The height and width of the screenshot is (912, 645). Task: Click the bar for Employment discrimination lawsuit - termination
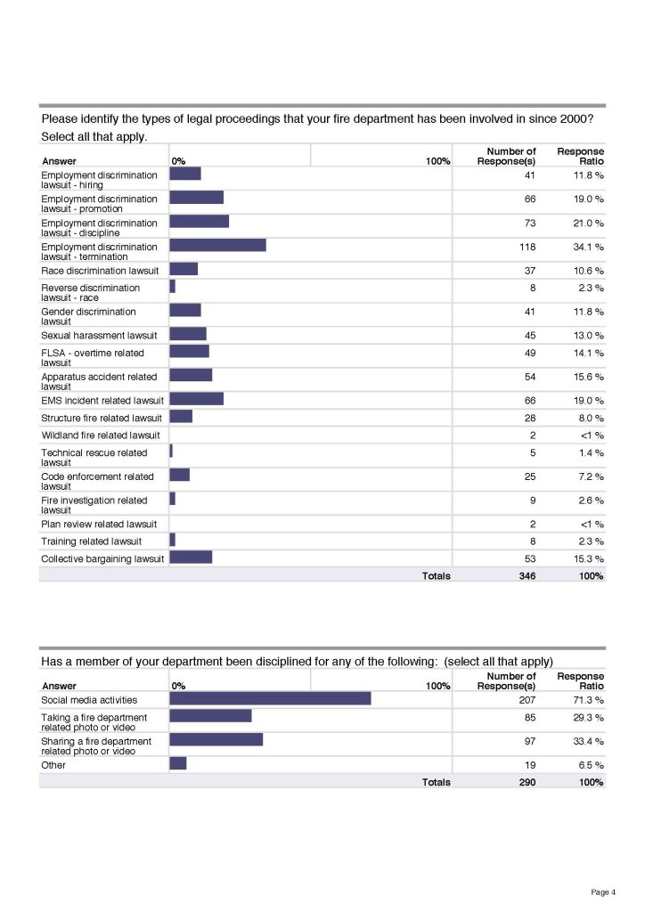[217, 246]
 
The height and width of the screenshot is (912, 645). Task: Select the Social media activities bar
[270, 700]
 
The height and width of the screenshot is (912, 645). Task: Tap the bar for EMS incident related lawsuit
[196, 400]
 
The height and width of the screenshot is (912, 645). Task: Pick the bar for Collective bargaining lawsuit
[191, 558]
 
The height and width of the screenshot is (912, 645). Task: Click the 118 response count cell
[527, 247]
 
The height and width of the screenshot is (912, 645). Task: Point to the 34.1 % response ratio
[588, 247]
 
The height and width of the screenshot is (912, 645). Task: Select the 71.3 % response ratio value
[588, 700]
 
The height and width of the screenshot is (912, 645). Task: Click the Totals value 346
[527, 576]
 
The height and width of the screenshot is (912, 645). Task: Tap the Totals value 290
[527, 782]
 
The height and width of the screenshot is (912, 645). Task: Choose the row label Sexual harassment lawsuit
[99, 335]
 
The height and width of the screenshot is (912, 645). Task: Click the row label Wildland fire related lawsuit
[100, 435]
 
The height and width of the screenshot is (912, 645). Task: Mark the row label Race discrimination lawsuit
[100, 270]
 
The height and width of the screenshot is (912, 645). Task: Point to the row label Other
[53, 765]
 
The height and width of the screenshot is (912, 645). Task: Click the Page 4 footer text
[602, 892]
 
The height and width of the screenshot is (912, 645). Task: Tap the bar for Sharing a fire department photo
[216, 740]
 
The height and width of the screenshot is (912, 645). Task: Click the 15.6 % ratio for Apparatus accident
[588, 377]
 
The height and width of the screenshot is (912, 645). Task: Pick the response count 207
[527, 700]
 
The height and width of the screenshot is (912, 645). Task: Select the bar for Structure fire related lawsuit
[181, 417]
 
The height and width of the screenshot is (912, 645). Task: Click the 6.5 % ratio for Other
[591, 765]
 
